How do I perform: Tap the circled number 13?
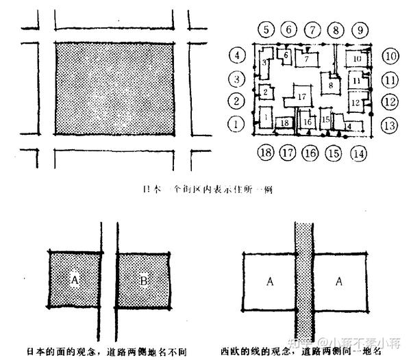coord(390,125)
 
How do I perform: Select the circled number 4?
coord(236,55)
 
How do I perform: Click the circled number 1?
coord(236,125)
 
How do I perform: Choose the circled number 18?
coord(266,152)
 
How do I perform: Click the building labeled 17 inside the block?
coord(301,97)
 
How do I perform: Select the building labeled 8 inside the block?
coord(331,85)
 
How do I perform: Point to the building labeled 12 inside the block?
coord(354,103)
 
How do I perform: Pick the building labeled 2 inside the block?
coord(265,90)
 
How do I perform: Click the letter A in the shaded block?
coord(73,279)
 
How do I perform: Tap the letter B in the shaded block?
coord(142,279)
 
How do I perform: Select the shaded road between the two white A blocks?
coord(304,287)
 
